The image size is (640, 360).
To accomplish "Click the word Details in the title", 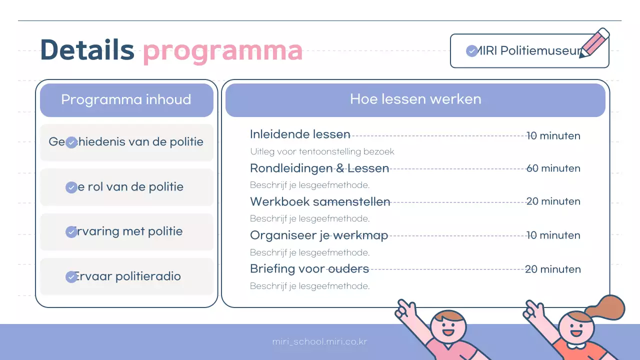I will [x=87, y=50].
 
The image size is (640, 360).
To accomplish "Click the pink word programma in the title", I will [x=222, y=51].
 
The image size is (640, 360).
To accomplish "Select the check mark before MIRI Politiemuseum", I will [x=471, y=51].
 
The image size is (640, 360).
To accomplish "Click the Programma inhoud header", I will [x=126, y=99].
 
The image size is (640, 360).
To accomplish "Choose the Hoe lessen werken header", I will [x=415, y=99].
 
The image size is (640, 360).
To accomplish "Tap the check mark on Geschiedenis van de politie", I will [x=71, y=143].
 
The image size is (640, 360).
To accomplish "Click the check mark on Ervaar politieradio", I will [x=71, y=277].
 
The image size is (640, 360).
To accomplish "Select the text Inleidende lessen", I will [x=300, y=134].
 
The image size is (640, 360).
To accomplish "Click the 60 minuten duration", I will [x=553, y=168].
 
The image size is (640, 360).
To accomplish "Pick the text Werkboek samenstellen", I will [x=320, y=202].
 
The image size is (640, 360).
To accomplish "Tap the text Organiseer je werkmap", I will [x=319, y=235].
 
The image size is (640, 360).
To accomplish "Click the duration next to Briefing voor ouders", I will [x=552, y=269].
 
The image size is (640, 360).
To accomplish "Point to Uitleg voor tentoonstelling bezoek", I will [x=322, y=151].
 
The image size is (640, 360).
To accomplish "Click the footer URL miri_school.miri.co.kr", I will [x=320, y=342].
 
